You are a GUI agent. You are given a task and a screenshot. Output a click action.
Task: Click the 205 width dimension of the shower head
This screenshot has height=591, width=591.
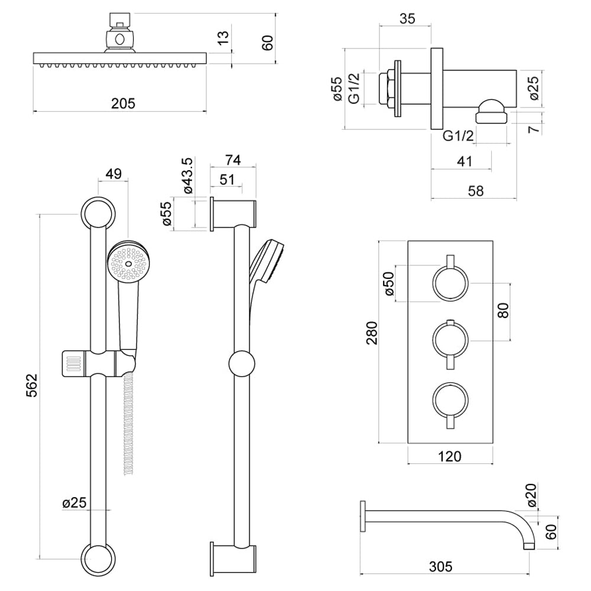point(124,103)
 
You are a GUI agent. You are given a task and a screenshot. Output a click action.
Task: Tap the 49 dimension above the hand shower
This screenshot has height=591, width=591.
point(113,174)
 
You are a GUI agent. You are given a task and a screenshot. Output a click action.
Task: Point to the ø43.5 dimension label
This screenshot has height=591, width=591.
point(187,176)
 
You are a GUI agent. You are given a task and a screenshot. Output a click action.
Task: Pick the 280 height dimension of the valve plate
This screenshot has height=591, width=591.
point(372,342)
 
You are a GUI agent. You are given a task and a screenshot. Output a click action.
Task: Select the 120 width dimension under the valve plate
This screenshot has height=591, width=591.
point(450,456)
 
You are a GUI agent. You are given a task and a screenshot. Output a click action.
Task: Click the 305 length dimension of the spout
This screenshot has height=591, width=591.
point(440,567)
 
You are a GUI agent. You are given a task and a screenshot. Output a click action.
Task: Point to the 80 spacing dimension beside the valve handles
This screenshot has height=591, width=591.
point(503,311)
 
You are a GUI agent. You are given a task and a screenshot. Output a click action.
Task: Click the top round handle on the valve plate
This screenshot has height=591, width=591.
point(451,282)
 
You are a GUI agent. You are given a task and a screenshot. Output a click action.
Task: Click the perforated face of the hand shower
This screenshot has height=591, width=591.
point(129,263)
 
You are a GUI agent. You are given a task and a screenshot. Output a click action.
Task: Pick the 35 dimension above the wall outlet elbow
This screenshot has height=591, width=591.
point(407,18)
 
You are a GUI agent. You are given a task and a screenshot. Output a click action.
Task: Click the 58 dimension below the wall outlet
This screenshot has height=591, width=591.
point(475,191)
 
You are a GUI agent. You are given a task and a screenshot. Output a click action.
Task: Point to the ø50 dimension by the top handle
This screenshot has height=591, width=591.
point(388,284)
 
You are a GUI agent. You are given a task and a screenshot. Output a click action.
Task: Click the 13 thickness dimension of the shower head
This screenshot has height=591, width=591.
point(223,38)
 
